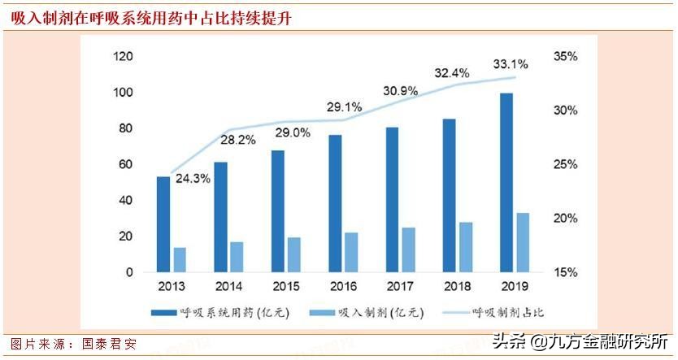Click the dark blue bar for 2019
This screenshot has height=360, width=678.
(x=506, y=183)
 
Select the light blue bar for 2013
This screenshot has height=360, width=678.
(x=180, y=259)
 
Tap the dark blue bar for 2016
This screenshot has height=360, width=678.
(x=335, y=203)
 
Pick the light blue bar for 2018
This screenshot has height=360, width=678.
(x=466, y=247)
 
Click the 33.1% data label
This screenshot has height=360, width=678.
(x=511, y=63)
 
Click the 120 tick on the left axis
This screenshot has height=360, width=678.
(x=124, y=56)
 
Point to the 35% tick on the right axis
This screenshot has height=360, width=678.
(x=565, y=56)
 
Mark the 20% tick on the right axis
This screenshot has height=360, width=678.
(x=565, y=218)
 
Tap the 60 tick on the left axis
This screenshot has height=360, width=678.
(x=127, y=164)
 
